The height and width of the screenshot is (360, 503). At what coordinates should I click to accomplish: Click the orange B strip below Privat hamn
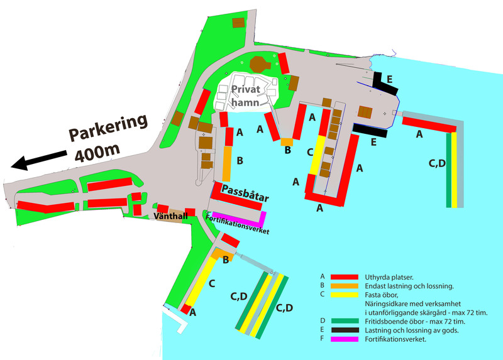coord(287,141)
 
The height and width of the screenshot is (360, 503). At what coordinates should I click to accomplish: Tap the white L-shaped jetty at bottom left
coord(175,319)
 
